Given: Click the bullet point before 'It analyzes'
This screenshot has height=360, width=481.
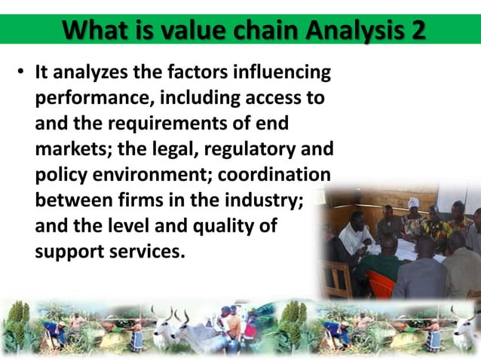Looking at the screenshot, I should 23,74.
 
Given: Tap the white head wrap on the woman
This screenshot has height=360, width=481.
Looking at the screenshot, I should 413,203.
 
